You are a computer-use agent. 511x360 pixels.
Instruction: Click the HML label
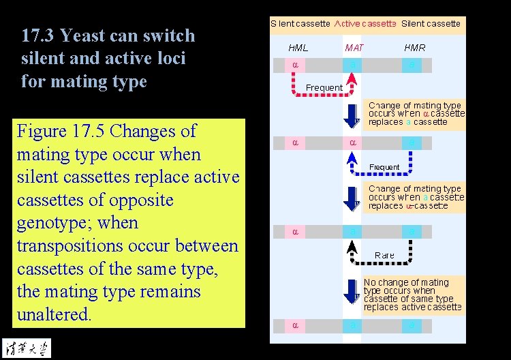298,48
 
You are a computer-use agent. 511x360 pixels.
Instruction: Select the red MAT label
354,48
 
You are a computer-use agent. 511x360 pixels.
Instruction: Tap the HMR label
415,48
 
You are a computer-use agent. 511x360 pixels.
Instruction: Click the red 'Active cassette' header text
365,24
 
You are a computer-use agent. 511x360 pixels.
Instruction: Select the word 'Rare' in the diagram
384,255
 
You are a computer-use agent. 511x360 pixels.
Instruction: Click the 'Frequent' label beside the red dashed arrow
324,88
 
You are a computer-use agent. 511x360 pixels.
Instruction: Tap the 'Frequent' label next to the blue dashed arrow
384,167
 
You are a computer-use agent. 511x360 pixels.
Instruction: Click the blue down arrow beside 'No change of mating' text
352,291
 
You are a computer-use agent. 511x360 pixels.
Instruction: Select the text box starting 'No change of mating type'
413,295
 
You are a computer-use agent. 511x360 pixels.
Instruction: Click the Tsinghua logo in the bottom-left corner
26,347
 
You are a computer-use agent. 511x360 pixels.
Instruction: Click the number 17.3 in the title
35,36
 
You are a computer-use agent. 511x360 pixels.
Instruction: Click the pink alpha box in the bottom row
295,325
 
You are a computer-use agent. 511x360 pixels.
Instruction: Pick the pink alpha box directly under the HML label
295,65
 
